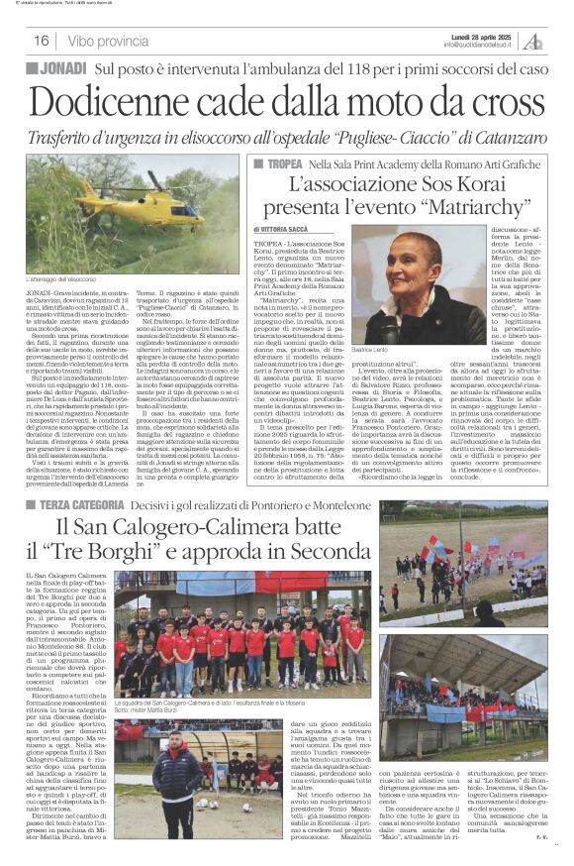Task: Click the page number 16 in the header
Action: [x=42, y=41]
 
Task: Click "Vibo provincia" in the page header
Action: [x=110, y=41]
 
